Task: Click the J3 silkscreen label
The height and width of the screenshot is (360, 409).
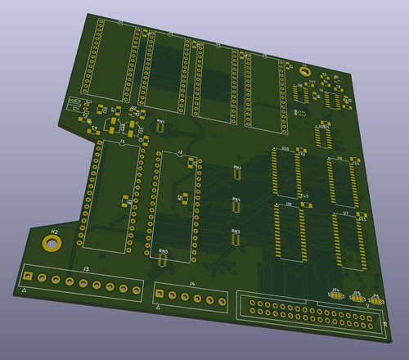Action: (x=85, y=269)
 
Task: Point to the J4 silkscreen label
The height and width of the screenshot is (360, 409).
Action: (x=191, y=284)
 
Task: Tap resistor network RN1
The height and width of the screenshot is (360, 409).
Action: (x=161, y=128)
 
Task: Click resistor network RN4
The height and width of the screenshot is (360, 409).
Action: (x=236, y=206)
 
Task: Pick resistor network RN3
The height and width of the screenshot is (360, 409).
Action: (x=236, y=238)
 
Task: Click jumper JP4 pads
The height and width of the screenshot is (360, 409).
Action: (x=335, y=296)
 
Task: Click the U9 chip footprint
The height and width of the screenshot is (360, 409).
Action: (x=342, y=181)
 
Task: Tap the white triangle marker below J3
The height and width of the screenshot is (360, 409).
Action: (x=25, y=291)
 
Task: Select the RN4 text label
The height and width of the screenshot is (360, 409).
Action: (x=236, y=199)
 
